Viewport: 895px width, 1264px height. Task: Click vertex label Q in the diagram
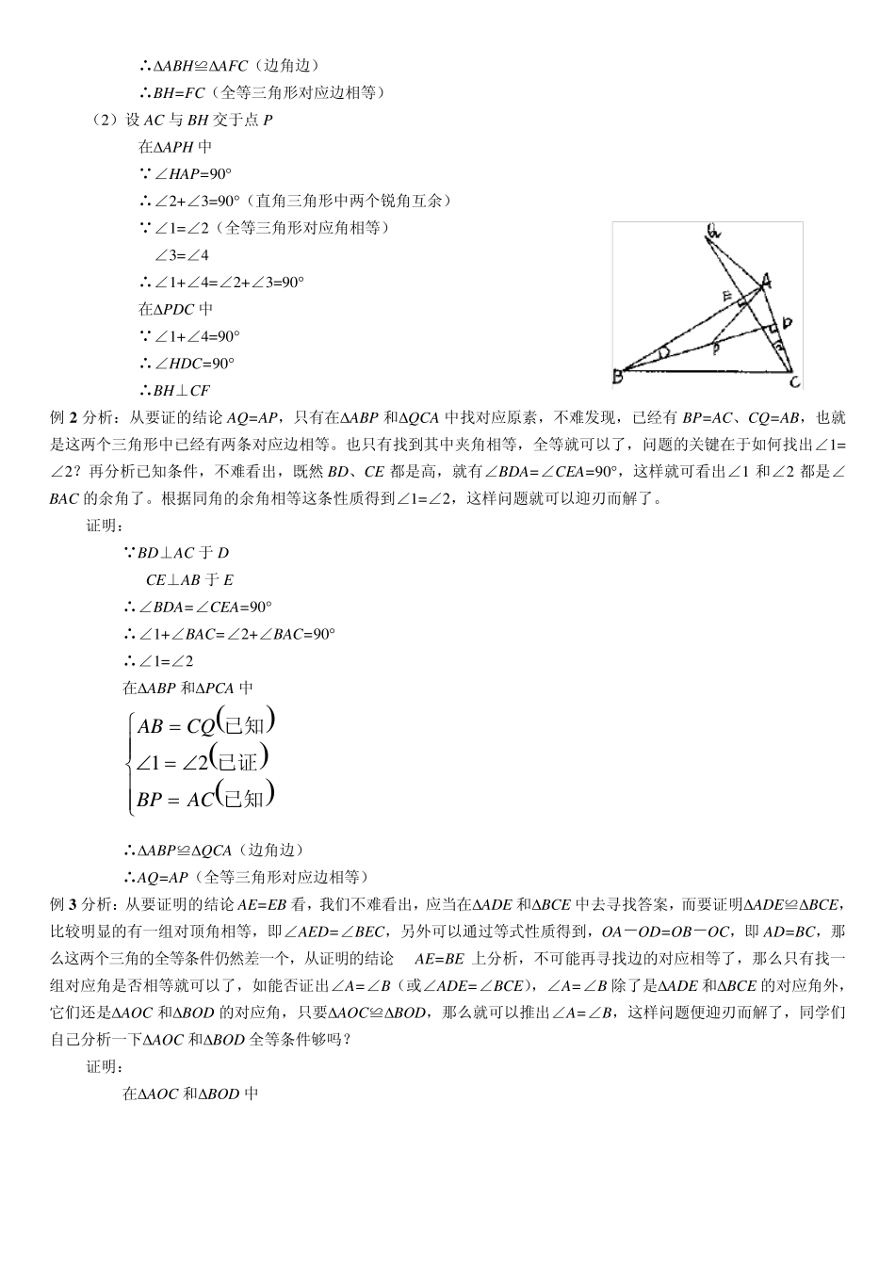[714, 231]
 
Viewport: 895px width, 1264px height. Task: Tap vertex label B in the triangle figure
[618, 377]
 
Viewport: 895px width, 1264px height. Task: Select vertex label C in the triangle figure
[795, 381]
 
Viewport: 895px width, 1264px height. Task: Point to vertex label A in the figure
[767, 280]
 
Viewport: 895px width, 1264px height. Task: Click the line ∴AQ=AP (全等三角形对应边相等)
[246, 877]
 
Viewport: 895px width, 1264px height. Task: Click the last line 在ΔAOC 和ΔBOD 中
[190, 1094]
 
